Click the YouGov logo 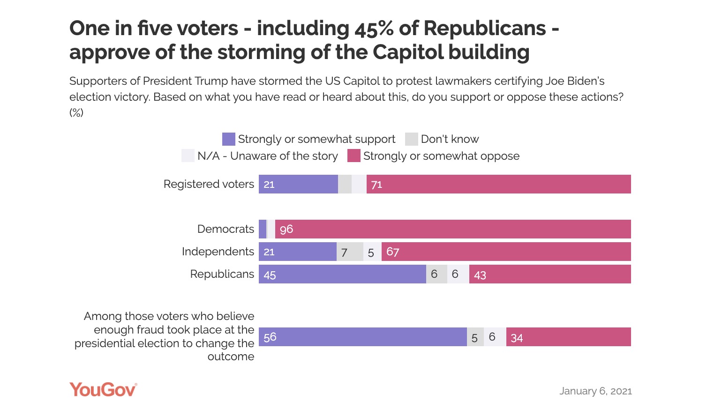(x=103, y=390)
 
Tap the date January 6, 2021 (x=595, y=391)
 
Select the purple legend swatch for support (x=228, y=139)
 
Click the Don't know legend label (x=450, y=139)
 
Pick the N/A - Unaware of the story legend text (x=267, y=156)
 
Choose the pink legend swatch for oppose (x=353, y=156)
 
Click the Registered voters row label (x=209, y=184)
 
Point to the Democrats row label (x=226, y=229)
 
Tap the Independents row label (x=218, y=252)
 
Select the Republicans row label (x=222, y=274)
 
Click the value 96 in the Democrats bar (x=286, y=229)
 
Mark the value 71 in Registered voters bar (x=376, y=185)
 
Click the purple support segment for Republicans (x=342, y=274)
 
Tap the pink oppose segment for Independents (x=506, y=252)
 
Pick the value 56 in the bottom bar (x=270, y=337)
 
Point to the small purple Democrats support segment (x=263, y=229)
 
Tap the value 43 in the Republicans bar (x=480, y=275)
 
